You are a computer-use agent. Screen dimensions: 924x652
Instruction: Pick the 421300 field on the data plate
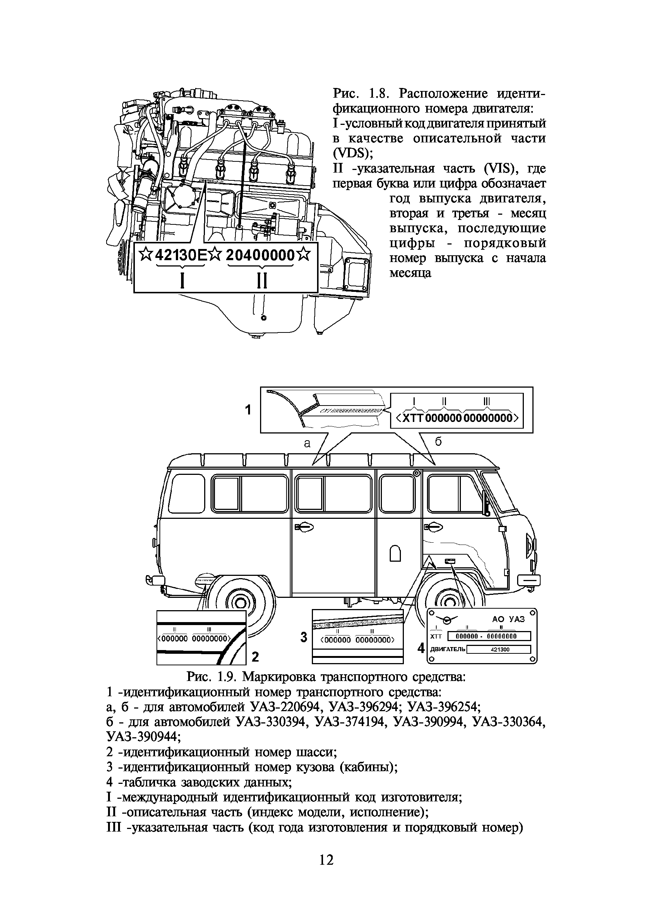[500, 649]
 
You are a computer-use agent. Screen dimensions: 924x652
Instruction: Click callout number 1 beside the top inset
[248, 410]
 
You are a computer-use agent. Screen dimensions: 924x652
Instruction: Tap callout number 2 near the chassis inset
[255, 657]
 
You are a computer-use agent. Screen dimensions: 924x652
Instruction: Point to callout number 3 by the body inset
[304, 637]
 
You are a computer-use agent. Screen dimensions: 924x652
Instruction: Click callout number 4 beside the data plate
[421, 647]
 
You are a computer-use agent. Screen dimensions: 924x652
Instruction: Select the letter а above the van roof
[307, 444]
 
